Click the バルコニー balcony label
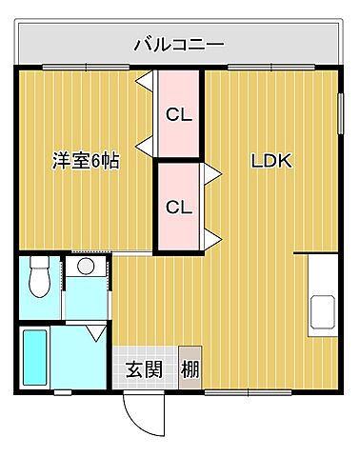click(178, 44)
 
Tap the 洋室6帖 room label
click(85, 161)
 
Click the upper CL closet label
click(178, 116)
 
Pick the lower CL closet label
click(178, 207)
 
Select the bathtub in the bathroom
click(34, 357)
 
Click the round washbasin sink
click(86, 266)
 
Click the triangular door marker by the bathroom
click(96, 334)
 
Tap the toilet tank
click(39, 262)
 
